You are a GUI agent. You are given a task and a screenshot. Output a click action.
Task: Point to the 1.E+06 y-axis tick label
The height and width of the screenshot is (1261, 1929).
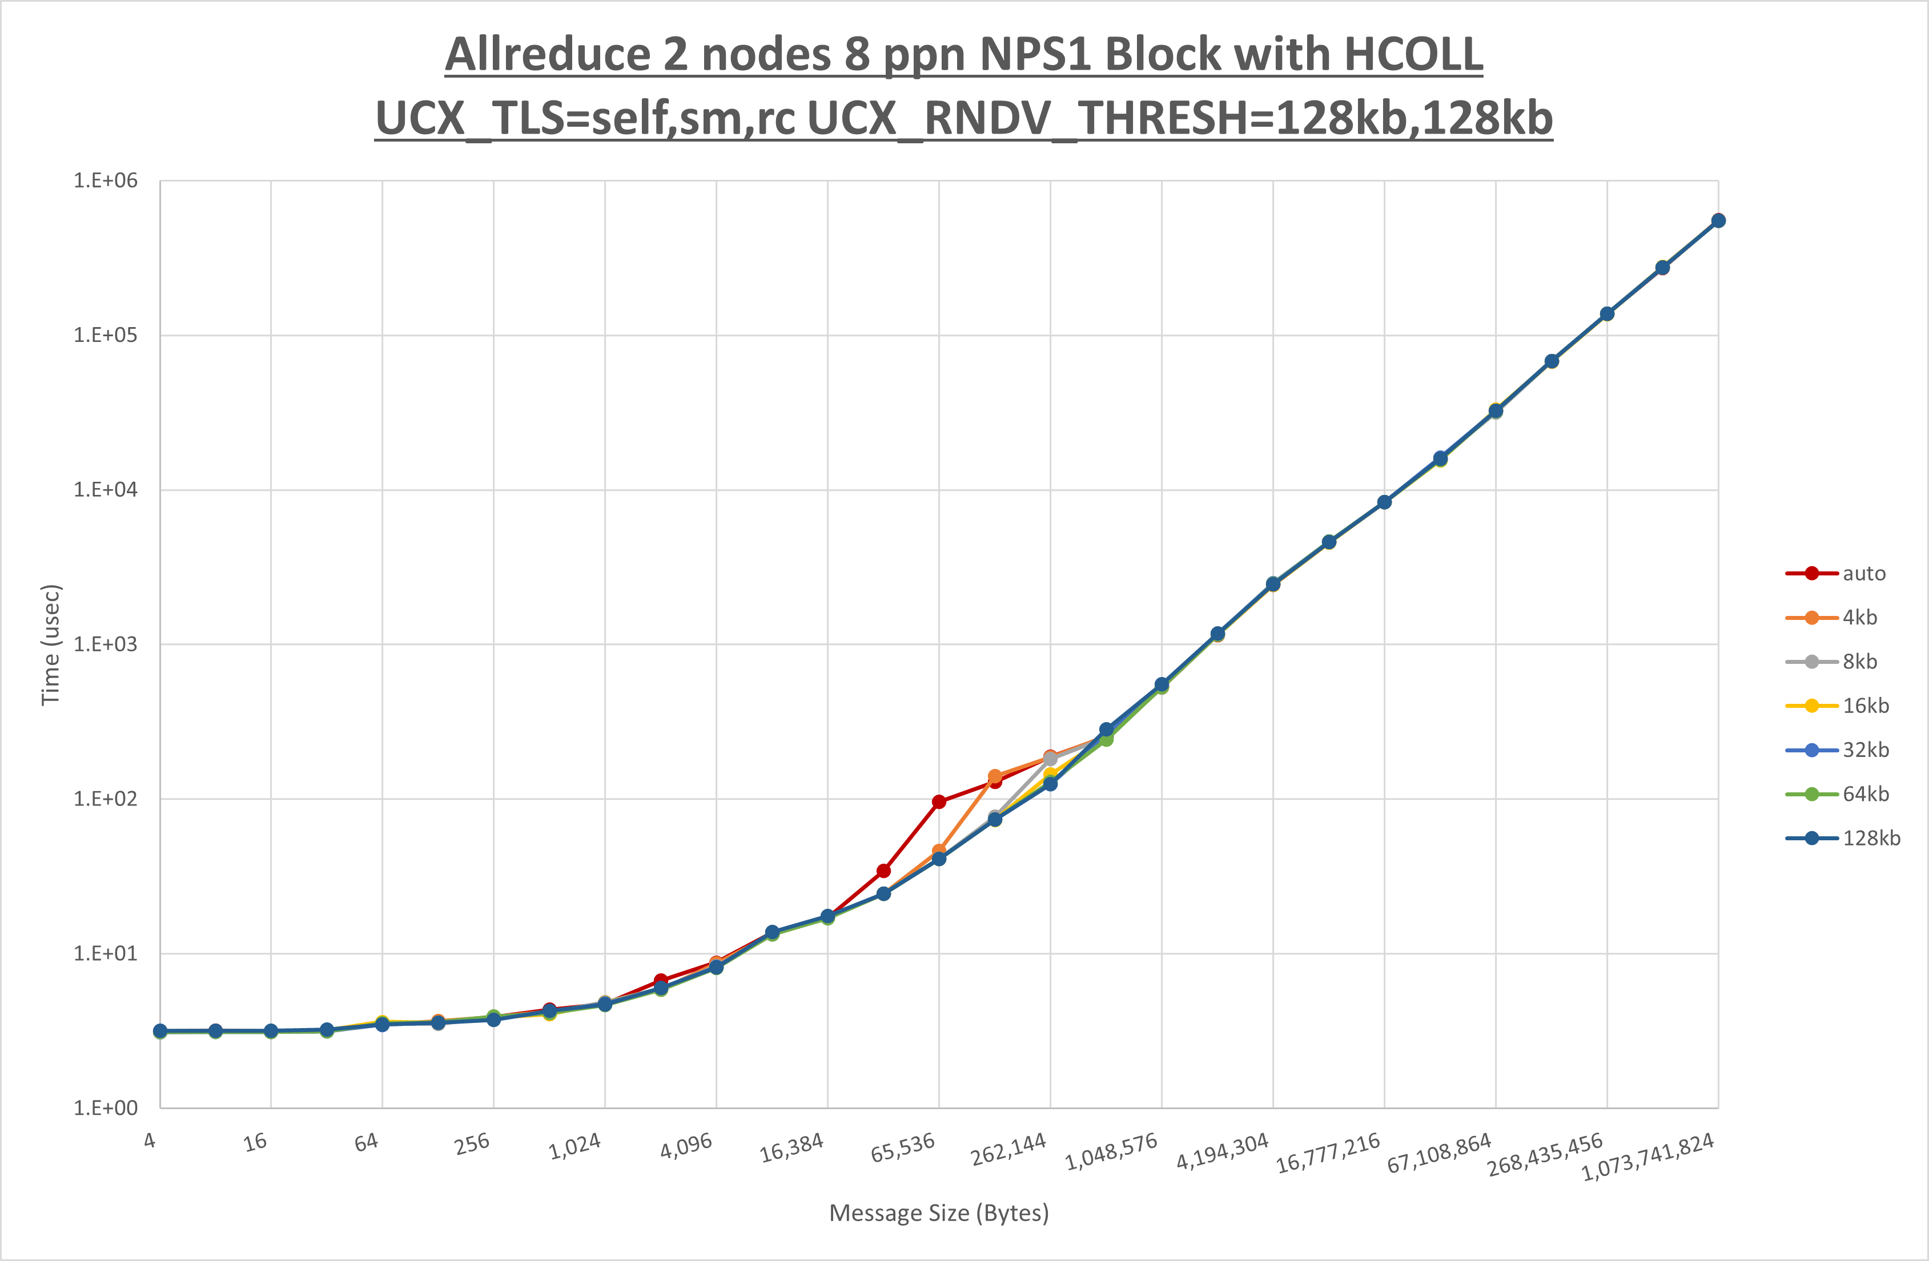point(106,181)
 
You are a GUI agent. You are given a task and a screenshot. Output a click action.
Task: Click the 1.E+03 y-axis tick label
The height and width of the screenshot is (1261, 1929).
point(106,644)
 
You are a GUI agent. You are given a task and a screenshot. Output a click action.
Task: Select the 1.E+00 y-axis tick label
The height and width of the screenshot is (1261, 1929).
point(106,1108)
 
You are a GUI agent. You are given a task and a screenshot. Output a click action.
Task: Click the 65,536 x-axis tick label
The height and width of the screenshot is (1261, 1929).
point(903,1147)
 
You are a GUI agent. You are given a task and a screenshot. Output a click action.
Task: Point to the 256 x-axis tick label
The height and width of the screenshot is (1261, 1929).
point(472,1143)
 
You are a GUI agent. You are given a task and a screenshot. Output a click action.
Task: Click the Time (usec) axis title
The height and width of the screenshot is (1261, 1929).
point(51,644)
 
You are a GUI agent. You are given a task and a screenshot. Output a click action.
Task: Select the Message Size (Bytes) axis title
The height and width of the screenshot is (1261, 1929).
point(939,1213)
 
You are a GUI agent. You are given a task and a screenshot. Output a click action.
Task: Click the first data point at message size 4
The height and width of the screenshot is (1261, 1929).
point(160,1031)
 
